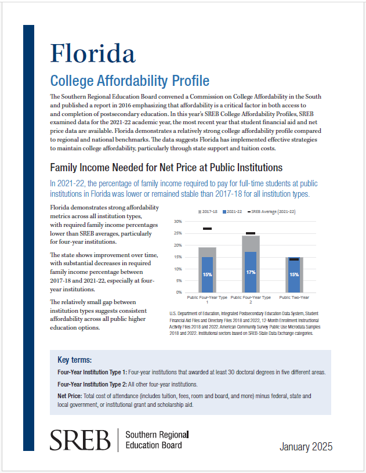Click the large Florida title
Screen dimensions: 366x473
pos(93,53)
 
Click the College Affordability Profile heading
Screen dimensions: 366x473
pos(130,81)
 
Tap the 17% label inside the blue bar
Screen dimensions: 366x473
pos(251,272)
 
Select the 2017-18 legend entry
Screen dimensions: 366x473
pos(208,212)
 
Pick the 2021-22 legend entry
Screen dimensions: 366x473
pos(232,212)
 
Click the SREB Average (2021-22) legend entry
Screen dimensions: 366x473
pos(271,212)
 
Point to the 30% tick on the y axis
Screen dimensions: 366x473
pos(178,222)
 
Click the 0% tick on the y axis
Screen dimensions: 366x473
pos(179,293)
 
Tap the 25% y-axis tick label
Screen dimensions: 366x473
pos(178,233)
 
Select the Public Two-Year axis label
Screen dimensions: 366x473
pos(294,297)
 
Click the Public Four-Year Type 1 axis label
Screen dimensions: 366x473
pos(207,299)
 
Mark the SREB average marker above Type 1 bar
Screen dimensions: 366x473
pos(207,229)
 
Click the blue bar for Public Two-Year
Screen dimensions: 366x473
pos(294,275)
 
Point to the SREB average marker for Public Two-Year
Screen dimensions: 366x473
pos(294,259)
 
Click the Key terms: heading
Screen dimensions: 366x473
pos(74,360)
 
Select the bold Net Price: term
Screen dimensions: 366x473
pos(70,396)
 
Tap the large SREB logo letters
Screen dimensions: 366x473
pos(80,440)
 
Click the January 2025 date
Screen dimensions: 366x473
pos(306,446)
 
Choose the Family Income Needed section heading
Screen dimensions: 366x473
pos(166,167)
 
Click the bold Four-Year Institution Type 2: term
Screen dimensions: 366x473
pos(92,384)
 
